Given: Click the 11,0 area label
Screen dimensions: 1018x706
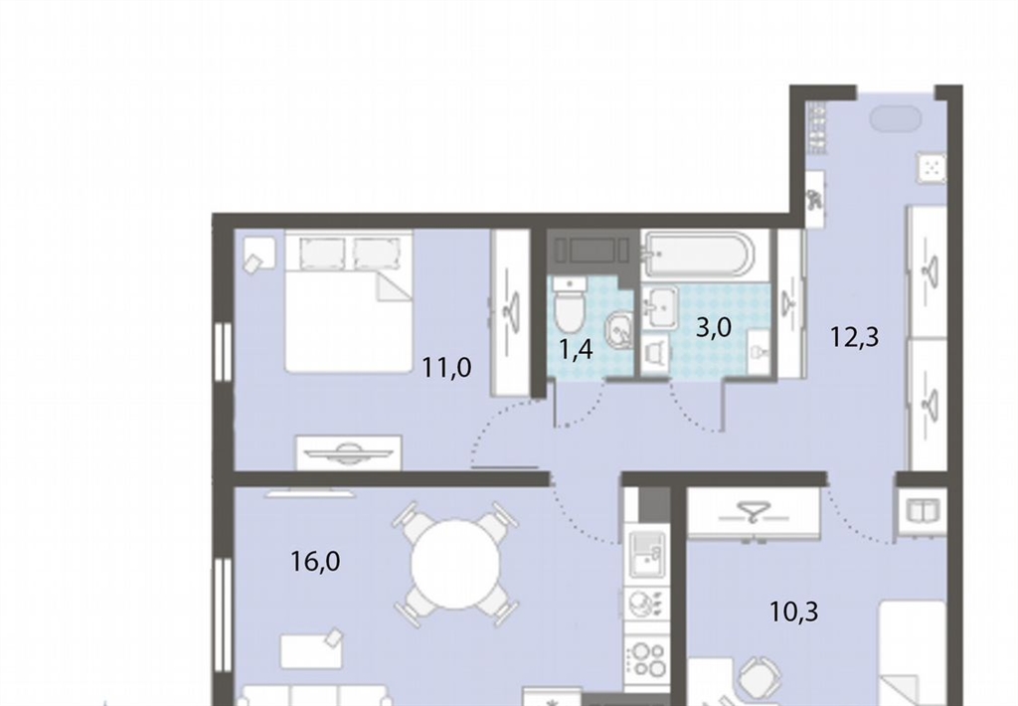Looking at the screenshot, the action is point(446,368).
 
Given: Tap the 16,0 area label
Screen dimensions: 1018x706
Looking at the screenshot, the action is point(315,561).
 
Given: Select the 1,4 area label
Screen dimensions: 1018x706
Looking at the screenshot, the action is point(576,350).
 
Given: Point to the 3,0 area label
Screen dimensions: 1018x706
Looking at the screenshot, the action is point(714,327).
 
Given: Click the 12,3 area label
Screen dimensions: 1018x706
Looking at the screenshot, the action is point(855,338).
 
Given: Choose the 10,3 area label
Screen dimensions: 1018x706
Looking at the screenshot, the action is point(794,612).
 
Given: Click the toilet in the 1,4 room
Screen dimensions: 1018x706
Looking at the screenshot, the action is point(571,306).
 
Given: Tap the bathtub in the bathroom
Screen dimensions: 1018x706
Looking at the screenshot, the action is point(698,256).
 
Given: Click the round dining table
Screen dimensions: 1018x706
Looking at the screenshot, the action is point(456,563).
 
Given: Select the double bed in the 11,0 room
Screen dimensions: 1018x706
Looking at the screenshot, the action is point(349,301).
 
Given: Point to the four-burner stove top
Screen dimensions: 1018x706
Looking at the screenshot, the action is point(647,658).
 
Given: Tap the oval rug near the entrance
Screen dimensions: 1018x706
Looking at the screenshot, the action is point(896,119).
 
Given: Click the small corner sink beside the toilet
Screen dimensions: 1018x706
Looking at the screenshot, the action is point(619,330).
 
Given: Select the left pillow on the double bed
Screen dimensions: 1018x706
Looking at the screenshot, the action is point(323,252).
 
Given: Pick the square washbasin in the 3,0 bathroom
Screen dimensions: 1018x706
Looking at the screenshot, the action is point(660,307).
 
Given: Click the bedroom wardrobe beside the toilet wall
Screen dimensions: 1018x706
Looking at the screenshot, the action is point(511,312).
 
